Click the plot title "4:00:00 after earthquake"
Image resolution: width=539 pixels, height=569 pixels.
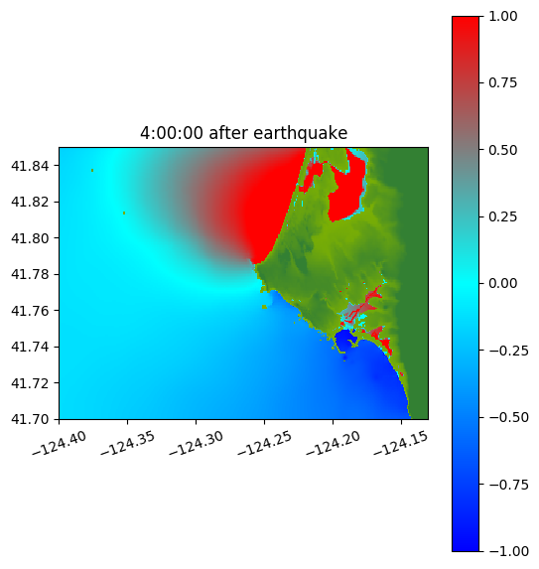(244, 133)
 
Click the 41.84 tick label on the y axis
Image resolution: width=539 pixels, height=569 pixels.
(30, 166)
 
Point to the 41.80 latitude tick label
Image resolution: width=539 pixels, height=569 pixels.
(30, 238)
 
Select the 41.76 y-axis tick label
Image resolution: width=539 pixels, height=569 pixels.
(30, 311)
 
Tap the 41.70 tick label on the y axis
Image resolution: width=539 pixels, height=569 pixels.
(30, 419)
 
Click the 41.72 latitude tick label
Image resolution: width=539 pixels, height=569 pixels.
(30, 383)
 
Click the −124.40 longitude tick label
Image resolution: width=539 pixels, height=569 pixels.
(60, 443)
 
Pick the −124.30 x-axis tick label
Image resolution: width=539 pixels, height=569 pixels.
(196, 443)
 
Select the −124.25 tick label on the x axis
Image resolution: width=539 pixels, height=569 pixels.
(264, 443)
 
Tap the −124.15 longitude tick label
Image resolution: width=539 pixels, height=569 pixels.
(401, 443)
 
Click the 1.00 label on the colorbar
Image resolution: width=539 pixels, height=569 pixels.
(502, 16)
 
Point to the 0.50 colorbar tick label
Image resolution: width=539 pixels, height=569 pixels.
(502, 150)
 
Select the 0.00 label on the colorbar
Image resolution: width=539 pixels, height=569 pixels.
(502, 283)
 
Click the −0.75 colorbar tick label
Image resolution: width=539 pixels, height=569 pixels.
(508, 485)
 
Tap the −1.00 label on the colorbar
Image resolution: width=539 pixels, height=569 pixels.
(508, 551)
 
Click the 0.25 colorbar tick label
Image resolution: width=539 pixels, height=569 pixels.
(502, 216)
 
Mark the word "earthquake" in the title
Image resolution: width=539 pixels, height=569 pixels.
(301, 133)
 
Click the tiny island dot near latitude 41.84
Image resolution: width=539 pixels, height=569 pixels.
(92, 170)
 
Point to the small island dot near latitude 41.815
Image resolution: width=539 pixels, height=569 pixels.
(124, 213)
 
